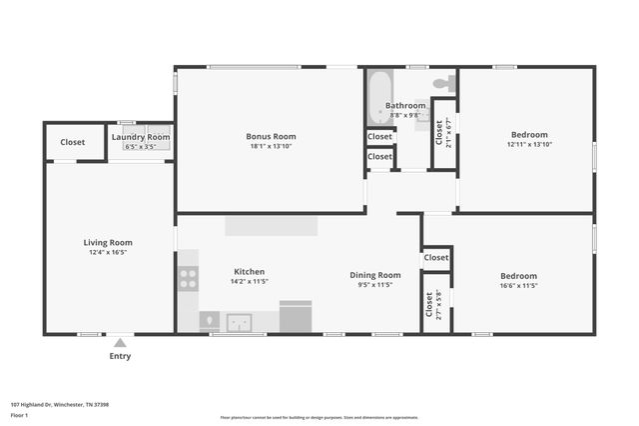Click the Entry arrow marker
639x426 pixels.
(120, 343)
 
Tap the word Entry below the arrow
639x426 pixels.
(120, 356)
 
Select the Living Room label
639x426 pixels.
(107, 242)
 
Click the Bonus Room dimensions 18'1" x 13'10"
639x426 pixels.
(271, 147)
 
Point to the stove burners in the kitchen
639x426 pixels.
(188, 277)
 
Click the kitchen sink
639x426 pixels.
(239, 322)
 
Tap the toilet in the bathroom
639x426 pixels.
(444, 82)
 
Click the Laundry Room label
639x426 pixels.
(141, 137)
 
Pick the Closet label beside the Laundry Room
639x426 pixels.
(73, 142)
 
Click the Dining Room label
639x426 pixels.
(375, 275)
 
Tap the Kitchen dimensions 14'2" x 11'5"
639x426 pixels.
(249, 282)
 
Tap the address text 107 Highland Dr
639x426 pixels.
(59, 404)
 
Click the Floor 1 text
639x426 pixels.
(19, 414)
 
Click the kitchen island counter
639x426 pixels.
(271, 226)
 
